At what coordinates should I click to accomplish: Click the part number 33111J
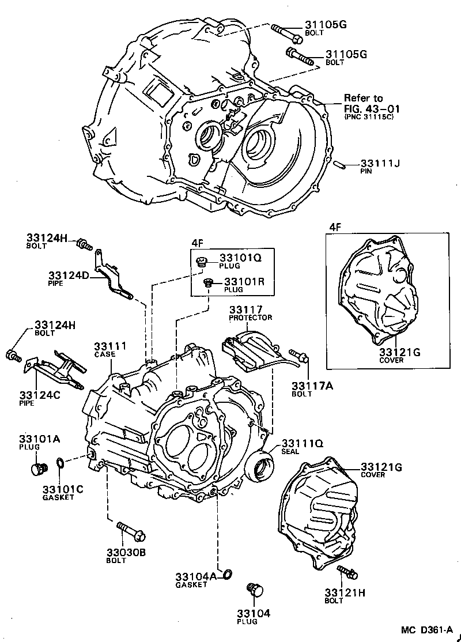pyautogui.click(x=380, y=163)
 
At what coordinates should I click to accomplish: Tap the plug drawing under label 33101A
pyautogui.click(x=39, y=469)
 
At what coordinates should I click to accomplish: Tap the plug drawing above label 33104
pyautogui.click(x=254, y=590)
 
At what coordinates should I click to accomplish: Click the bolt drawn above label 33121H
pyautogui.click(x=347, y=572)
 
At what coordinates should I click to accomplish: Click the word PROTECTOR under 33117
pyautogui.click(x=250, y=318)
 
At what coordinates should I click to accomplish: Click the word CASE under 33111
pyautogui.click(x=105, y=354)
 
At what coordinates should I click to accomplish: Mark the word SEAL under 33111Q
pyautogui.click(x=290, y=451)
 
